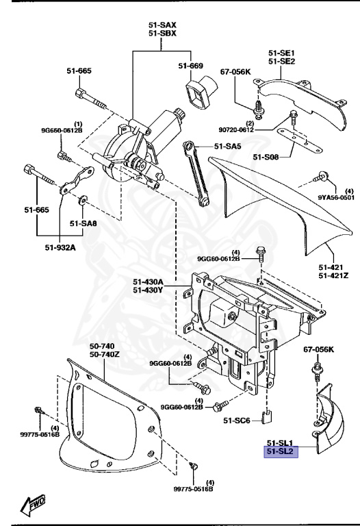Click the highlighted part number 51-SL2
click(281, 452)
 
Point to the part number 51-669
click(192, 66)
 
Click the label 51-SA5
click(228, 145)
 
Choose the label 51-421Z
click(333, 275)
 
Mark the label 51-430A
click(149, 282)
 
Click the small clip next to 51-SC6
click(270, 415)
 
